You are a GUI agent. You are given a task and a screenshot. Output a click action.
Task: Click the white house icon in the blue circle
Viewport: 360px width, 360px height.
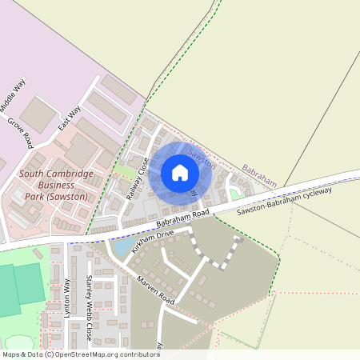pos(180,172)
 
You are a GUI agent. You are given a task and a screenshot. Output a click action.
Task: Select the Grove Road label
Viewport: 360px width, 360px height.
pos(19,134)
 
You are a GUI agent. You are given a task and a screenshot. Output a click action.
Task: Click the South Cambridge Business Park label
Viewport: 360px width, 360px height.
pos(56,185)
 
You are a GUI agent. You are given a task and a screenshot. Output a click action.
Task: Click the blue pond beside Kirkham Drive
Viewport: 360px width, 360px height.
pos(124,246)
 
